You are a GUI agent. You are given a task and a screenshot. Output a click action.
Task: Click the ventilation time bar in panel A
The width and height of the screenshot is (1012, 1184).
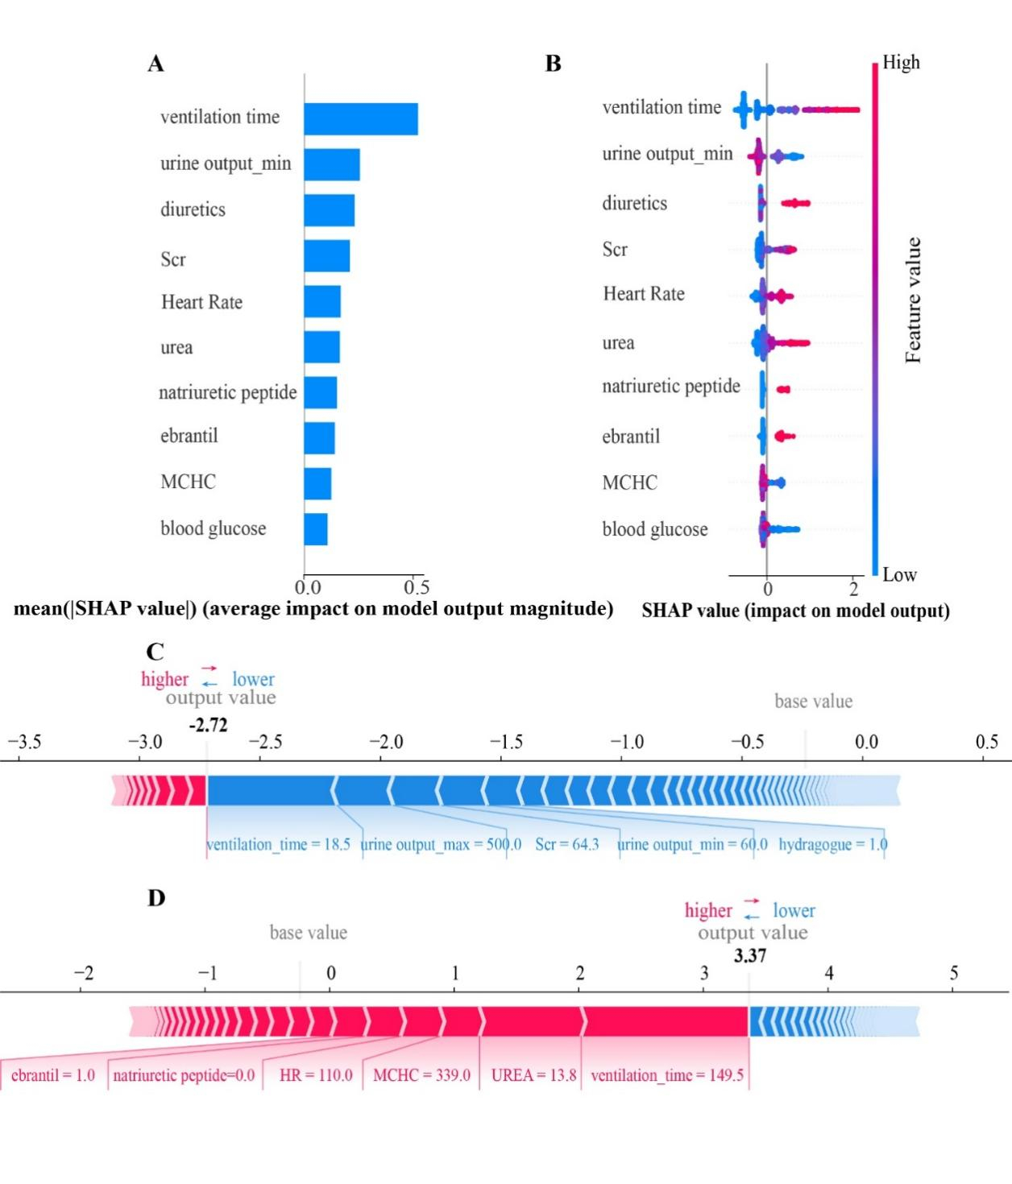tap(360, 119)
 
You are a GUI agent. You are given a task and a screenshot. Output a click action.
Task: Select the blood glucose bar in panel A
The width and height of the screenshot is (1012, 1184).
tap(316, 529)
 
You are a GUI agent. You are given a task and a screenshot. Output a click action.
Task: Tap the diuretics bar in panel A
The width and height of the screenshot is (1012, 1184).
tap(329, 210)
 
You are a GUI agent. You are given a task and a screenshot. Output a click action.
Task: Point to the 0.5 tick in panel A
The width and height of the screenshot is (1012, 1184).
tap(416, 586)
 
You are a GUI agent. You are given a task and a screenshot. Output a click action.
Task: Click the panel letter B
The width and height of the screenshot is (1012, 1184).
tap(553, 64)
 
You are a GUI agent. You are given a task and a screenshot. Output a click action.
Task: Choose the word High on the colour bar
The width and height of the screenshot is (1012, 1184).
tap(901, 62)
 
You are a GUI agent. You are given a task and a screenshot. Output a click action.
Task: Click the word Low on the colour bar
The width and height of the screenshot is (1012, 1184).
tap(899, 574)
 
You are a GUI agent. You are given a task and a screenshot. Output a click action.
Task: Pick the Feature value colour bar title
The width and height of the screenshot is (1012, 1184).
tap(913, 300)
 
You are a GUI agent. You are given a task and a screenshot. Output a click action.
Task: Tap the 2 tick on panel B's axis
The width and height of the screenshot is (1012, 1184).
tap(853, 588)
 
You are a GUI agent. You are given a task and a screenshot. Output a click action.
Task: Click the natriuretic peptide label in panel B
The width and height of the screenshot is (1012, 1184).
tap(670, 387)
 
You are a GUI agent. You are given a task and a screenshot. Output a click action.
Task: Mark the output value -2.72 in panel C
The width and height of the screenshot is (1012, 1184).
tap(208, 725)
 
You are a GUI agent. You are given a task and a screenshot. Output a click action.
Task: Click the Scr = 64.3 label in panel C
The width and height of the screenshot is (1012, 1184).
tap(566, 844)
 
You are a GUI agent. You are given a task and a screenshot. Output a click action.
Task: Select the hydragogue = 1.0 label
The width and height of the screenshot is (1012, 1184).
tap(832, 844)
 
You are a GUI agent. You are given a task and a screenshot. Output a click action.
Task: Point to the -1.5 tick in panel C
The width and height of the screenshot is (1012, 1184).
tap(506, 742)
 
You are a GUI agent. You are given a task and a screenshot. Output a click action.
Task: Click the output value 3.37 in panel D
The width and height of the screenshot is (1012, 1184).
tap(749, 956)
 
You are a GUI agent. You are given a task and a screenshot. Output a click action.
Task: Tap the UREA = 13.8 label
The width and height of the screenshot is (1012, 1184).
tap(533, 1075)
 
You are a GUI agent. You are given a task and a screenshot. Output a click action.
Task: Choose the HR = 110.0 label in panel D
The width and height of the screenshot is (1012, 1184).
tap(315, 1075)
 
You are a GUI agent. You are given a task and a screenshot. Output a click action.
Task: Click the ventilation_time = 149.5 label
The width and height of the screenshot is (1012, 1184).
tap(666, 1075)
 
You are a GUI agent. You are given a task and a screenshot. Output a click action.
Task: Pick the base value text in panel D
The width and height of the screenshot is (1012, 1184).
tap(308, 933)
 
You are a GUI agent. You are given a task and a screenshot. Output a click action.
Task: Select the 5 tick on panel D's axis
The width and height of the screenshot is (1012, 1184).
tap(953, 973)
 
